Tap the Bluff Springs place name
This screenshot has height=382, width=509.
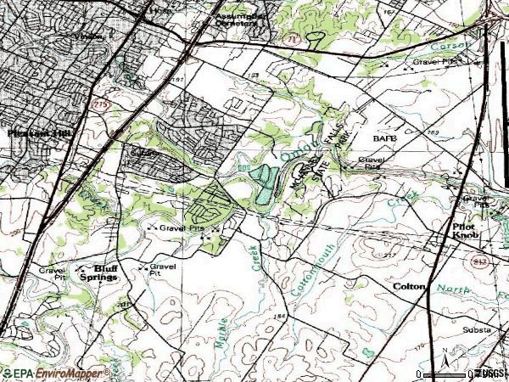[98, 271]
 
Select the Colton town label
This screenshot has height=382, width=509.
[408, 287]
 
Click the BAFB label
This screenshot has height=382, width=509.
[383, 136]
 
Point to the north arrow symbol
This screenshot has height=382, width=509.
[445, 363]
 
